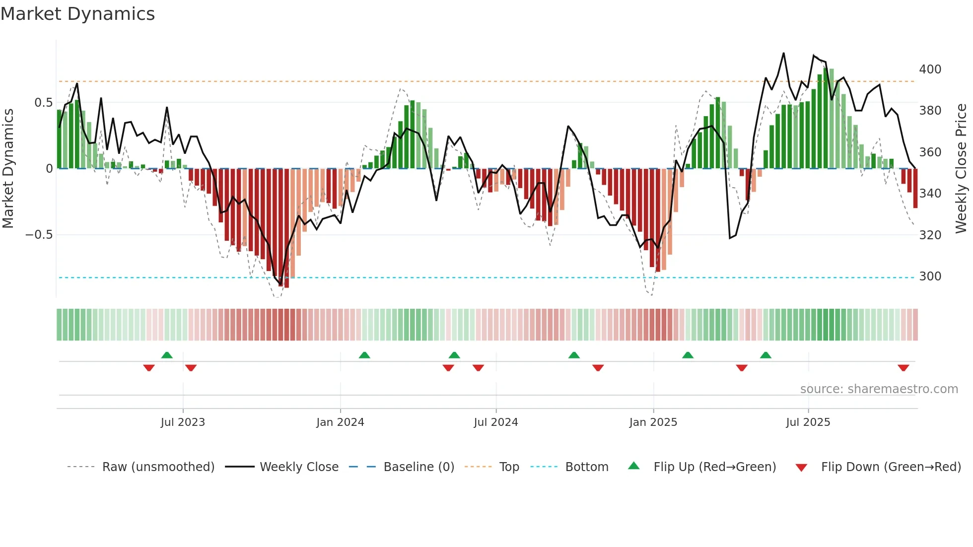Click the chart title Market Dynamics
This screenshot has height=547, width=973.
[77, 14]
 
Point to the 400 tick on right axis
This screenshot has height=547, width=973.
[930, 69]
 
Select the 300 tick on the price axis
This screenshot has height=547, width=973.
[930, 276]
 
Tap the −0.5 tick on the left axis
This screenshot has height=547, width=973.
[39, 235]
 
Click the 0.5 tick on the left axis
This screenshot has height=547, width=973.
[43, 103]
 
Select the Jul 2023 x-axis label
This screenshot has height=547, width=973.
[183, 422]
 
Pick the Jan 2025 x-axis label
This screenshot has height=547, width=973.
[653, 422]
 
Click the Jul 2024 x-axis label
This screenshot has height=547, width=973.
[495, 422]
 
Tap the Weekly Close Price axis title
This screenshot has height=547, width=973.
[961, 169]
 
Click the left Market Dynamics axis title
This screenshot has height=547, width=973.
[8, 169]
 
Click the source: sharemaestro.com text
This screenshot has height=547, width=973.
[879, 389]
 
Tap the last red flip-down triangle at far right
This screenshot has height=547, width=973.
[903, 368]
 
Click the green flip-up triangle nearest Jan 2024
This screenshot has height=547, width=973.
[364, 355]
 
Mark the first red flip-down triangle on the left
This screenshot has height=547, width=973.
[149, 368]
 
